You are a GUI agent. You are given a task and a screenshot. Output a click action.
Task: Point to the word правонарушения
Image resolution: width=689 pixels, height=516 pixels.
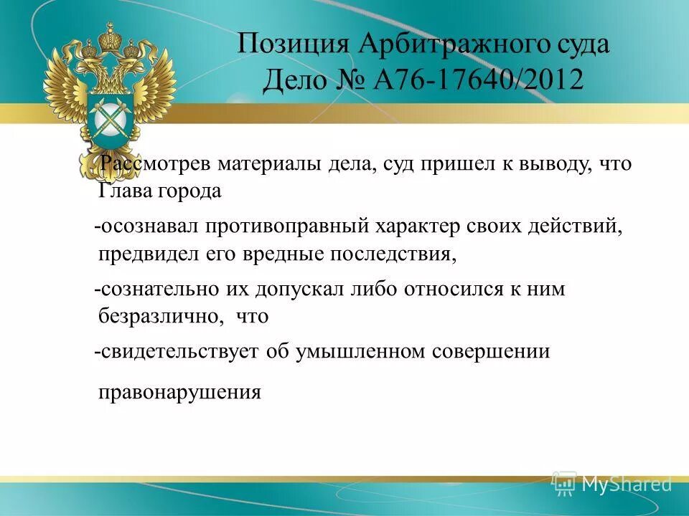[179, 392]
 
